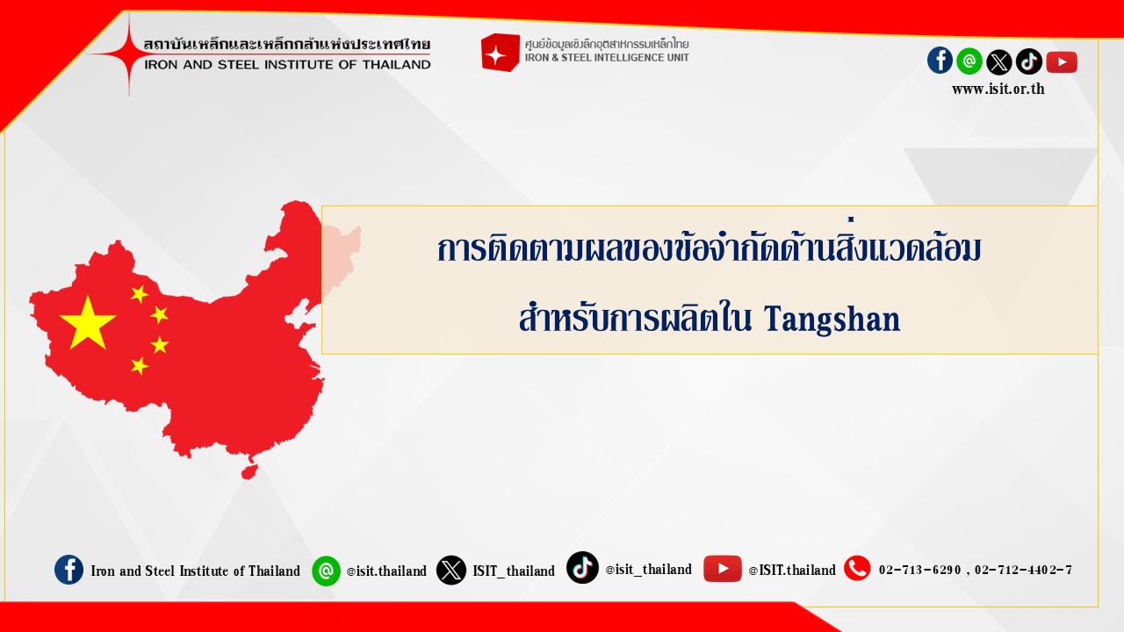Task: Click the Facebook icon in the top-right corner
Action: [940, 61]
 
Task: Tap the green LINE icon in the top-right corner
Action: [969, 61]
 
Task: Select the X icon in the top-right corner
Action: [999, 62]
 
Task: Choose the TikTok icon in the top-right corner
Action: [1029, 61]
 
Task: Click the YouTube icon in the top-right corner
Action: [1062, 62]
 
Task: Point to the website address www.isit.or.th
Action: [998, 89]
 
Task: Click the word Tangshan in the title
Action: [832, 319]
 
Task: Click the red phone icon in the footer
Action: [857, 568]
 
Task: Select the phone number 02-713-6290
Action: [919, 570]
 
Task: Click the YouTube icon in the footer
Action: [723, 568]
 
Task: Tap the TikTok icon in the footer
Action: [582, 567]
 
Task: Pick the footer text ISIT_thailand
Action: [514, 571]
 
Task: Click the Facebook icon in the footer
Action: [68, 570]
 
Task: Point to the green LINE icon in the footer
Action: [326, 571]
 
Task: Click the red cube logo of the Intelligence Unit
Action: [500, 53]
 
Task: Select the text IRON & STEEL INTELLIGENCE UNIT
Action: [607, 58]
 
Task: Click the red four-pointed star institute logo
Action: [129, 54]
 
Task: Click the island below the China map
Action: [250, 471]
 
